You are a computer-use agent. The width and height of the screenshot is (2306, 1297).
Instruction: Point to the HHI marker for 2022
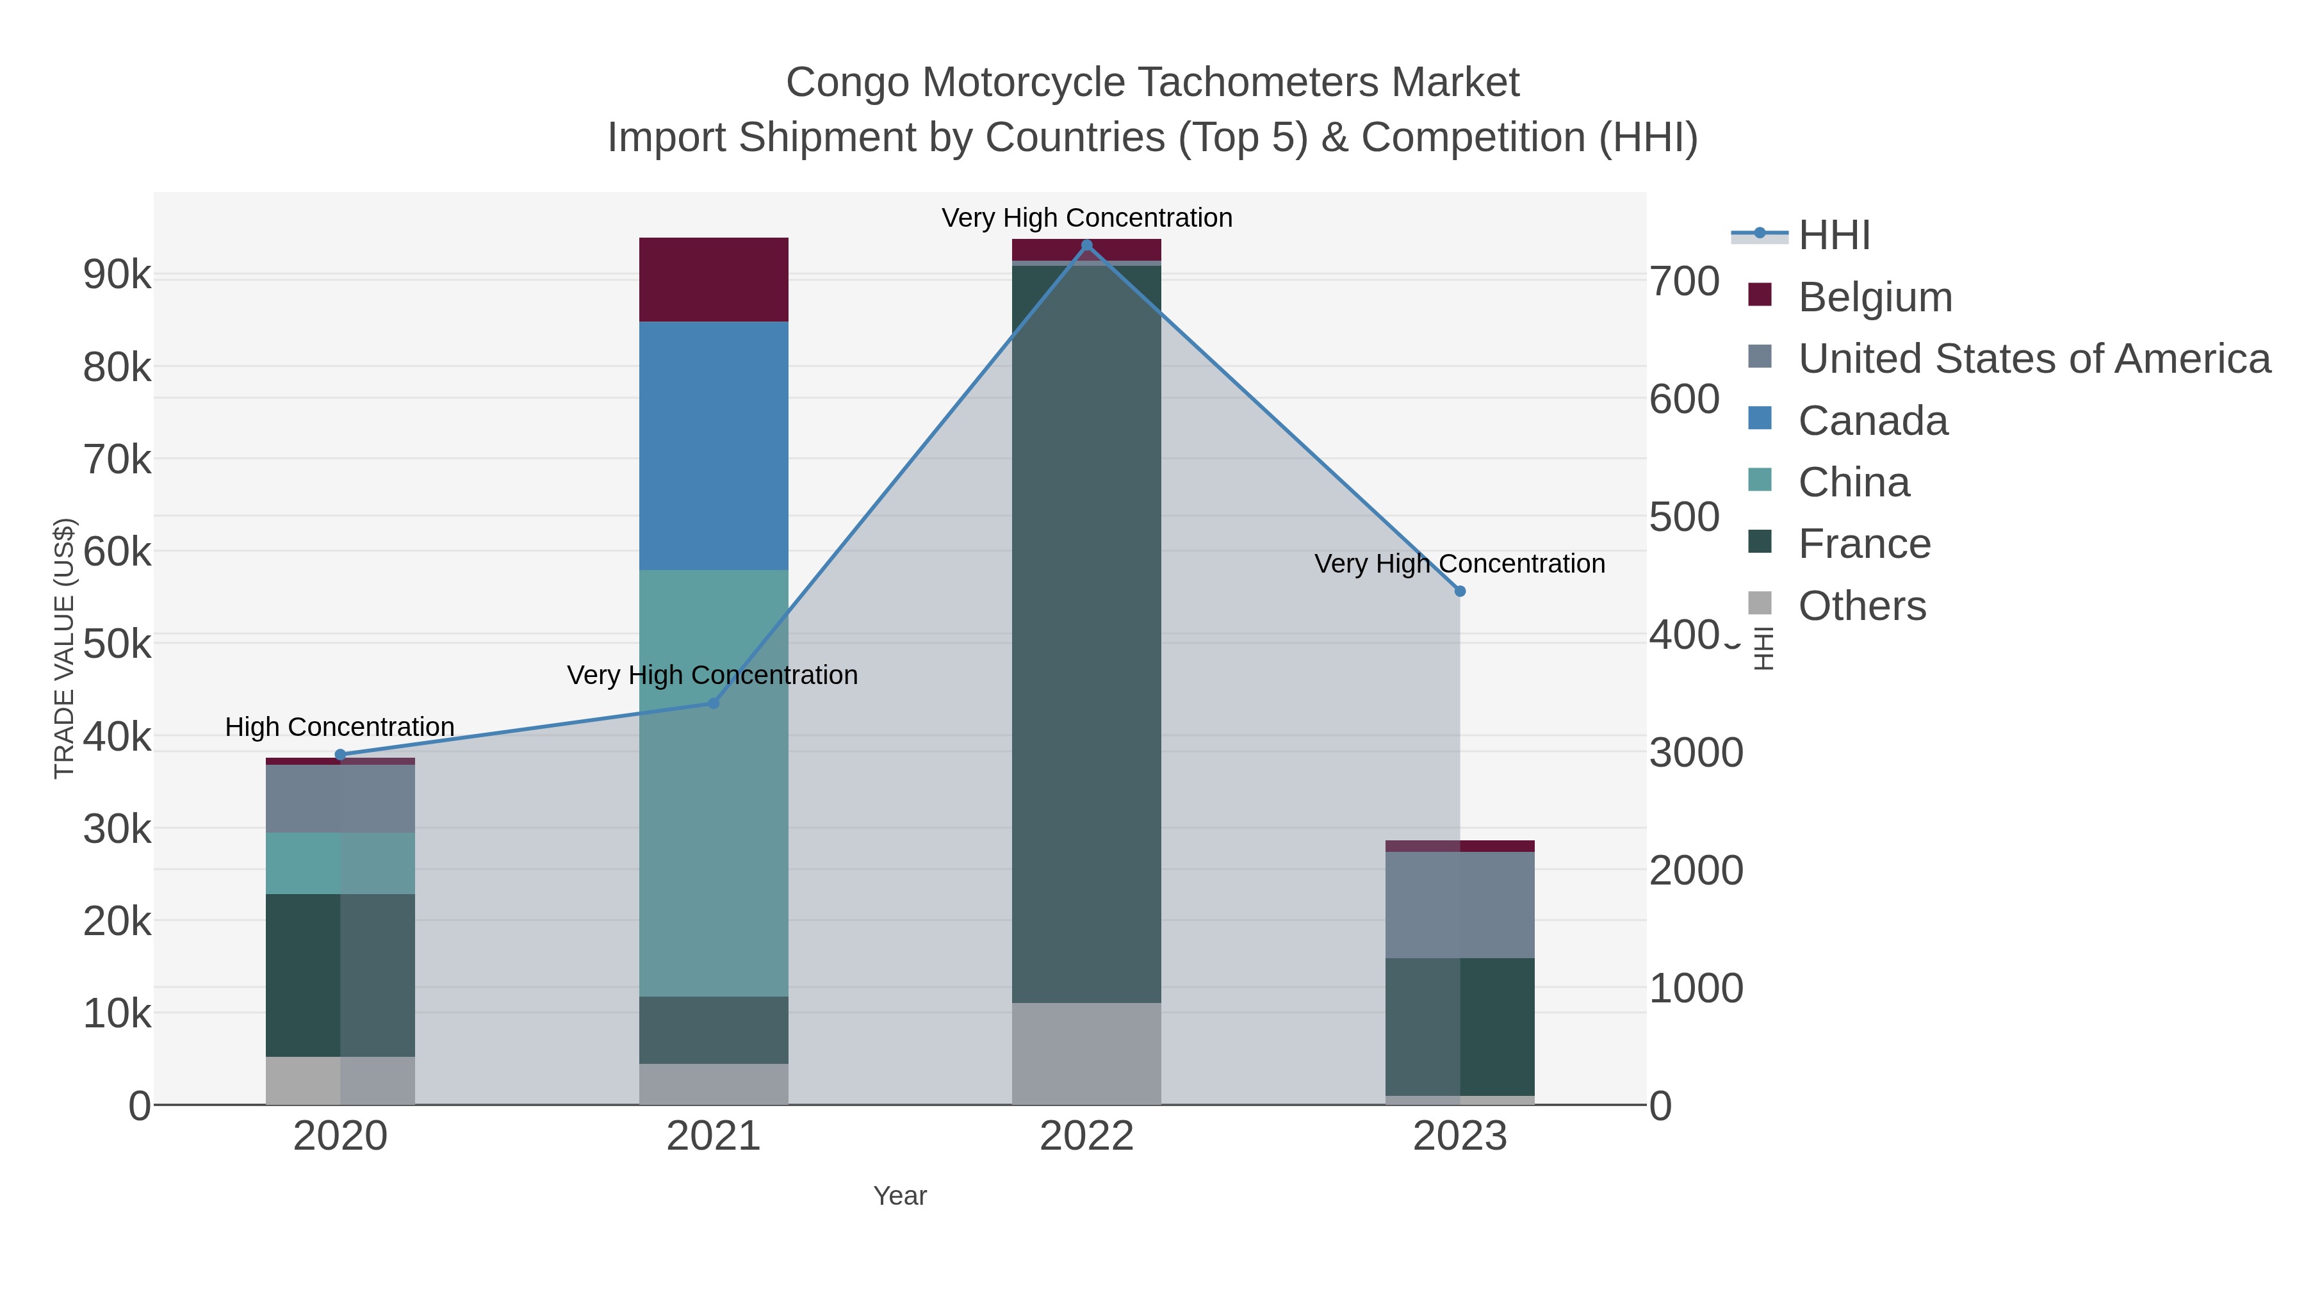click(1087, 245)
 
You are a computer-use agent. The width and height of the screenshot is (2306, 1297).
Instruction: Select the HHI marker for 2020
click(340, 755)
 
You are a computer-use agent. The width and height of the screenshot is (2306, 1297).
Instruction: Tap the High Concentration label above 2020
click(339, 727)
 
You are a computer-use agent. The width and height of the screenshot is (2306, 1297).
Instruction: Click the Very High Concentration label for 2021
click(712, 675)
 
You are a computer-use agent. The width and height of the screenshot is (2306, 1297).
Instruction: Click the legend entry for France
click(1864, 544)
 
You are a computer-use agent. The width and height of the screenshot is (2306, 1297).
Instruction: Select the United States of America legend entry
click(2034, 359)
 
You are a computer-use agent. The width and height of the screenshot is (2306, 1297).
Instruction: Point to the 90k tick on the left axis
click(117, 275)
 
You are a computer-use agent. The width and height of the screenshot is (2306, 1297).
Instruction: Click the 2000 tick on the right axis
click(1696, 871)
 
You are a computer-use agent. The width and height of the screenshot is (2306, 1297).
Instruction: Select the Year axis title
click(900, 1196)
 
